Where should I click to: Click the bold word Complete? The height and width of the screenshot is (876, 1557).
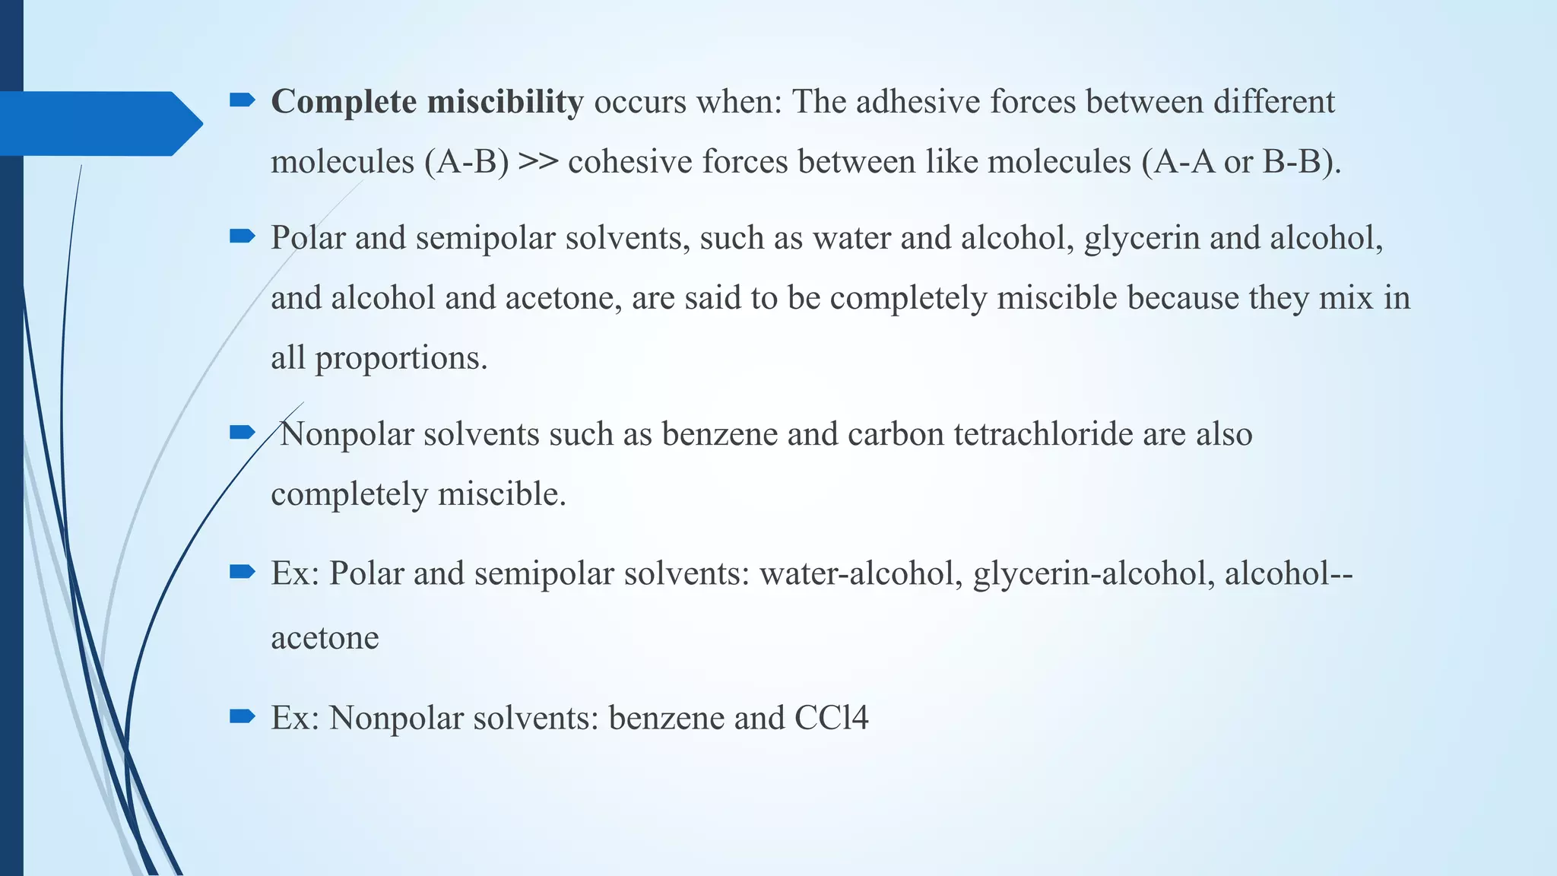pyautogui.click(x=344, y=102)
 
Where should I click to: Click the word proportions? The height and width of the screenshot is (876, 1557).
pyautogui.click(x=401, y=357)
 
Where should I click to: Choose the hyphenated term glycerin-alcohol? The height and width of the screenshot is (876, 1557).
pyautogui.click(x=1093, y=573)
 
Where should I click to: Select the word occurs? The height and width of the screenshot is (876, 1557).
pyautogui.click(x=640, y=102)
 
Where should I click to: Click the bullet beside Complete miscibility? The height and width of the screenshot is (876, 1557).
pyautogui.click(x=242, y=100)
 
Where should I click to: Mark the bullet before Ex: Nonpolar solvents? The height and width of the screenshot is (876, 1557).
pyautogui.click(x=242, y=716)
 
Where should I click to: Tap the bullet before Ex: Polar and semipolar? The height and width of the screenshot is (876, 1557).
pyautogui.click(x=242, y=570)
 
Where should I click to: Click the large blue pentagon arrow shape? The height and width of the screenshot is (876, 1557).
pyautogui.click(x=99, y=123)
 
